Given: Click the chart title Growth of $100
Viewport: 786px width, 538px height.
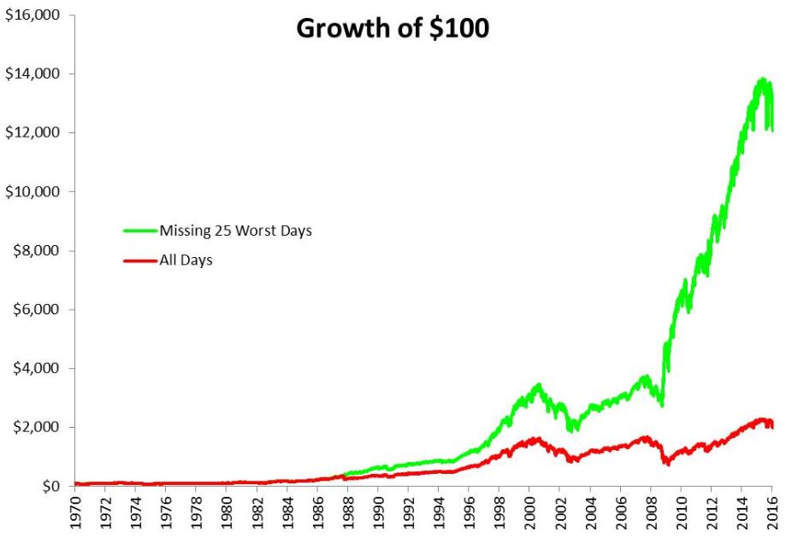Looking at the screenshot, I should pos(393,27).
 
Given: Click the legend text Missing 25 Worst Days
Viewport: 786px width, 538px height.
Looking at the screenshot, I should pos(235,230).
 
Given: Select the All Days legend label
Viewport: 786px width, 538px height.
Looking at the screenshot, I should pos(186,260).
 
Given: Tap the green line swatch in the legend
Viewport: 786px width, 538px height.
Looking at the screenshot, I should pos(140,231).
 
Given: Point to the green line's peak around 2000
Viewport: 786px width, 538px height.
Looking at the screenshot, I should pos(538,386).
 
